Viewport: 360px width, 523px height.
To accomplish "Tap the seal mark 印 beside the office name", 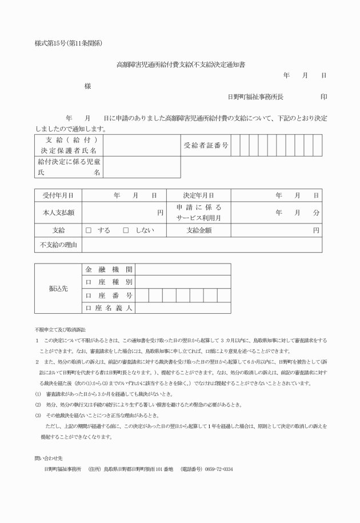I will pyautogui.click(x=324, y=97).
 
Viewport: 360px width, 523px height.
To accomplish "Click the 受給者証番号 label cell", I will pyautogui.click(x=206, y=146).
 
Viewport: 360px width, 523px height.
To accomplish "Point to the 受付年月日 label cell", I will pyautogui.click(x=58, y=195).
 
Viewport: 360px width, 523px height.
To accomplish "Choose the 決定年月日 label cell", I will pyautogui.click(x=199, y=195).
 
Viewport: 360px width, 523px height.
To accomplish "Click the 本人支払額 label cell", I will pyautogui.click(x=58, y=212).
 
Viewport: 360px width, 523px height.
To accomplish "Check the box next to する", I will pyautogui.click(x=89, y=230).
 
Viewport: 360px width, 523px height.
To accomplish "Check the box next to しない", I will pyautogui.click(x=126, y=230).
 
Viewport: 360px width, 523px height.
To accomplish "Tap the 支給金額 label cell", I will pyautogui.click(x=199, y=230).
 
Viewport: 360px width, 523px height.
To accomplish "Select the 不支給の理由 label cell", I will pyautogui.click(x=58, y=245).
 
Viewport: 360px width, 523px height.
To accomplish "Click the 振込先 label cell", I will pyautogui.click(x=58, y=289).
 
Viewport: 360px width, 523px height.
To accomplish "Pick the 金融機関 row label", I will pyautogui.click(x=109, y=269).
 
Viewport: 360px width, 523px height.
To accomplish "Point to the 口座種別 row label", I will pyautogui.click(x=109, y=282).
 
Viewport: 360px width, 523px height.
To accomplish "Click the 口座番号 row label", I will pyautogui.click(x=109, y=296).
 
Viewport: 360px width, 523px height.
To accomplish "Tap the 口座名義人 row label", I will pyautogui.click(x=109, y=308).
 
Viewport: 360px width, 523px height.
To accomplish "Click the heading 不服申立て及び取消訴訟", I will pyautogui.click(x=60, y=330).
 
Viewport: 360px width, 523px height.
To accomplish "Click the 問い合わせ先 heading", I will pyautogui.click(x=46, y=458).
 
